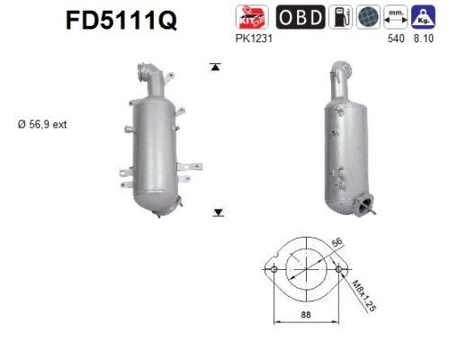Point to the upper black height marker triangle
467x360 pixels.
pos(216,67)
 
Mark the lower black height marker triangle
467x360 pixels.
pos(217,212)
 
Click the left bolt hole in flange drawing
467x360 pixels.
pos(273,268)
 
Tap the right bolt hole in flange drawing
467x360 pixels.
pos(339,268)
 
